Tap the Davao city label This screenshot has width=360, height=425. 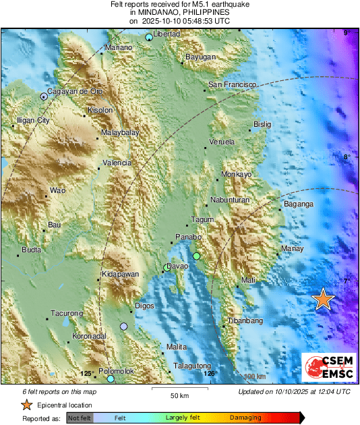[178, 267]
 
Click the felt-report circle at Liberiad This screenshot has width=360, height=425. [149, 37]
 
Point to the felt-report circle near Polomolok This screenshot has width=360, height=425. [111, 379]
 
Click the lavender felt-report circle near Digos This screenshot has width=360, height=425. [123, 327]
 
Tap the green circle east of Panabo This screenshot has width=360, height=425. [196, 256]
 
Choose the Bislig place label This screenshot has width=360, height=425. [262, 124]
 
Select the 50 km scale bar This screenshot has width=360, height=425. [178, 389]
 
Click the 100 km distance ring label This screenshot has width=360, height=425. [254, 376]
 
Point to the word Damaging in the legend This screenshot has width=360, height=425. [245, 418]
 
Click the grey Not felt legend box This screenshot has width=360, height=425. [79, 418]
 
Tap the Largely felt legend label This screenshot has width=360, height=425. [182, 418]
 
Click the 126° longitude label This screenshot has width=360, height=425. [211, 373]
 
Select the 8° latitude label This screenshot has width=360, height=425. [347, 157]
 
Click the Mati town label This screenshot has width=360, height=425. [249, 279]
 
